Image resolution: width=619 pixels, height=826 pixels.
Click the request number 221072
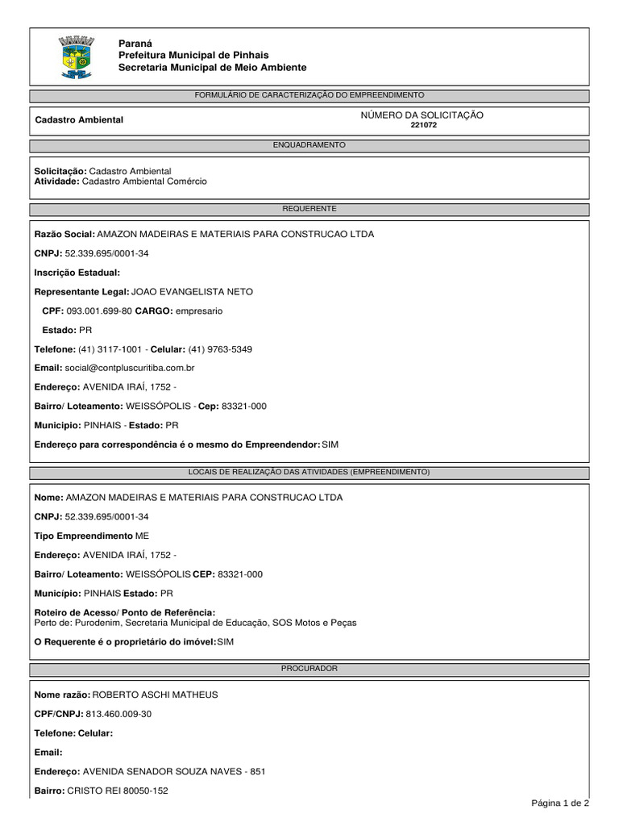(423, 126)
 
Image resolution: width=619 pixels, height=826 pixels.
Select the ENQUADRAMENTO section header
(309, 145)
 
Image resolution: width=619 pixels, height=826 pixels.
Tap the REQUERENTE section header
(309, 209)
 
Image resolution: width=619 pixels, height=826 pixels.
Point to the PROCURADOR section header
(309, 670)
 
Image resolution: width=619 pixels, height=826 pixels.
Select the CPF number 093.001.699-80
(98, 311)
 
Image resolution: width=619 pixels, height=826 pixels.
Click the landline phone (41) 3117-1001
(111, 349)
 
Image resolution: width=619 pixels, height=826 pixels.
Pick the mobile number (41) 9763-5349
(219, 349)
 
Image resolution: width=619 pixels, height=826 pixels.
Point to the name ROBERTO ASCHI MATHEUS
(156, 695)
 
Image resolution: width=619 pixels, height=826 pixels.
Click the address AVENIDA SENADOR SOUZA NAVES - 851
(173, 772)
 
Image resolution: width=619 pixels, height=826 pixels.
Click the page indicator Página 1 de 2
(560, 803)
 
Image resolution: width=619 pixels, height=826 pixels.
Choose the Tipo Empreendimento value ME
(142, 536)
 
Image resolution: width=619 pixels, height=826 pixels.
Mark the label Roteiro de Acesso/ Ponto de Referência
(125, 612)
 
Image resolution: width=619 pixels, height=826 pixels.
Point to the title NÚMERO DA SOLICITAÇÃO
(422, 115)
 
